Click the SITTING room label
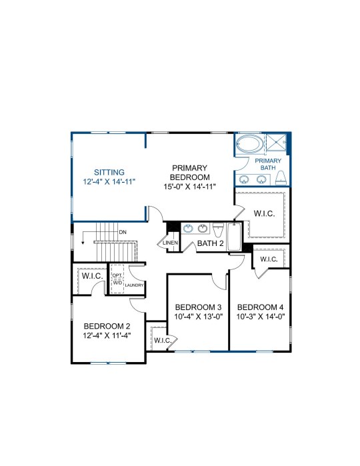click(x=109, y=173)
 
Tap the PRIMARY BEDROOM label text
click(x=189, y=173)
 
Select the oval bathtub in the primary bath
click(x=250, y=144)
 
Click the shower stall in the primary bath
click(x=276, y=144)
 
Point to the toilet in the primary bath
click(x=281, y=178)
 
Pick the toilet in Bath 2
click(x=218, y=231)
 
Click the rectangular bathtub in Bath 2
click(x=234, y=237)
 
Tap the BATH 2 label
click(x=210, y=243)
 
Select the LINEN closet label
click(x=171, y=243)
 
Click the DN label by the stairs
click(x=123, y=232)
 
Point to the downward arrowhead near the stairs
click(x=83, y=243)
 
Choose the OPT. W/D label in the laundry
click(x=117, y=279)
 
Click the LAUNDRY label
click(x=134, y=285)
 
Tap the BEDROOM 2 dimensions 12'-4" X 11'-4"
click(x=107, y=335)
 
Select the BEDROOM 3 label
click(x=198, y=307)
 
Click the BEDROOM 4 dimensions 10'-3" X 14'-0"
click(x=261, y=317)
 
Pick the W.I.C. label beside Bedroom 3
click(x=163, y=340)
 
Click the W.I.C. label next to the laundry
click(x=93, y=276)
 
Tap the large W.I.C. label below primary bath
click(x=264, y=214)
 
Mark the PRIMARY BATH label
click(x=268, y=164)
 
